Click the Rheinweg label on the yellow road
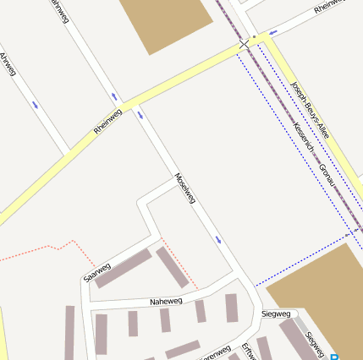click(107, 122)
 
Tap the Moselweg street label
click(184, 188)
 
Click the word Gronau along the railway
click(327, 175)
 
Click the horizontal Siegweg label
click(276, 314)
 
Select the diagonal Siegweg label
click(314, 342)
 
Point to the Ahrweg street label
click(8, 64)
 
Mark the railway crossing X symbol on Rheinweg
click(245, 43)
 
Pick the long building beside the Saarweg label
click(124, 268)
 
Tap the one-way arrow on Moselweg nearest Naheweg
click(218, 240)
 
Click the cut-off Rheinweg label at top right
click(329, 7)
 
